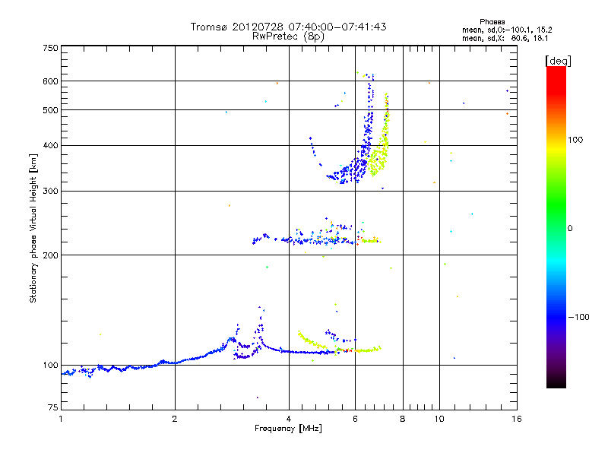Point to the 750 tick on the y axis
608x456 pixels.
click(x=50, y=48)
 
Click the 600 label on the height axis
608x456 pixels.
click(x=50, y=81)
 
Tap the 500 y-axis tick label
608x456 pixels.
click(x=50, y=110)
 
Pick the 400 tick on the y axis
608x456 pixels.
click(x=50, y=146)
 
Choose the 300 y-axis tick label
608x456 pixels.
click(x=50, y=192)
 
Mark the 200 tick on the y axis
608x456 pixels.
click(x=50, y=255)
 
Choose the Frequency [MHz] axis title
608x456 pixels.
click(x=289, y=429)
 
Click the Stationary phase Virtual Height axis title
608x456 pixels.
click(x=33, y=228)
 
